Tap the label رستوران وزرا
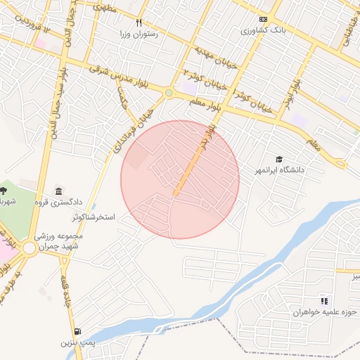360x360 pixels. pyautogui.click(x=139, y=34)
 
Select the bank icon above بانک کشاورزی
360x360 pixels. pyautogui.click(x=263, y=20)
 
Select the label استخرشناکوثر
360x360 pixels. pyautogui.click(x=89, y=218)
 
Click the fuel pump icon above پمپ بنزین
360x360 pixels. pyautogui.click(x=77, y=331)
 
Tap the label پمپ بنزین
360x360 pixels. pyautogui.click(x=77, y=342)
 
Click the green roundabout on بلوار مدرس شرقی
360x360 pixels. pyautogui.click(x=169, y=92)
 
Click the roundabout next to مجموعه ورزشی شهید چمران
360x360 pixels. pyautogui.click(x=30, y=247)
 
